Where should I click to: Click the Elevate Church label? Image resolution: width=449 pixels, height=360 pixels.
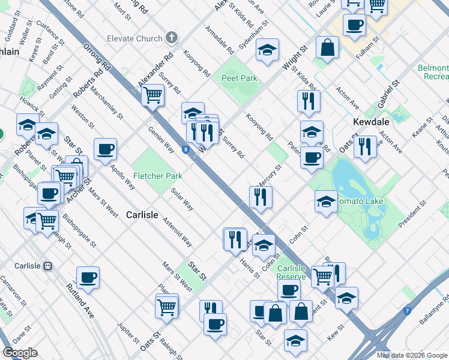click(x=134, y=39)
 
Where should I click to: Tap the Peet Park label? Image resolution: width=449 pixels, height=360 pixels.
click(x=239, y=78)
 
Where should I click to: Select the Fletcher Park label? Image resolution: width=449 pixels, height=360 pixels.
click(x=158, y=176)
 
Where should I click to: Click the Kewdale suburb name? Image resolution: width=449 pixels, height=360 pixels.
click(x=370, y=122)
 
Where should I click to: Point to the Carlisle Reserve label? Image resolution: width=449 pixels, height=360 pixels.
click(x=292, y=272)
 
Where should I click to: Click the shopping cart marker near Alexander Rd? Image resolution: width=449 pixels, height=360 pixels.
click(x=153, y=94)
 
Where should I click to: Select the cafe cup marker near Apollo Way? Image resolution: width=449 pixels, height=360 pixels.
click(x=105, y=149)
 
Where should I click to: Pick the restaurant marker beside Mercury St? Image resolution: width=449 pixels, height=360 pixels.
click(x=261, y=196)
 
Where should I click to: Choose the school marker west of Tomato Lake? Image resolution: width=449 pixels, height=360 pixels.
click(x=325, y=201)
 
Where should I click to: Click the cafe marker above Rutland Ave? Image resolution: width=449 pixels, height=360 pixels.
click(x=88, y=277)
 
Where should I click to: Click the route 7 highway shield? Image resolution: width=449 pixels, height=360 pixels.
click(x=407, y=311)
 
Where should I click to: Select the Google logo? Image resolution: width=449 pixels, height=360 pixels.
click(x=20, y=353)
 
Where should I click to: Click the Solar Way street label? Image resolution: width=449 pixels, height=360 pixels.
click(x=182, y=200)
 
